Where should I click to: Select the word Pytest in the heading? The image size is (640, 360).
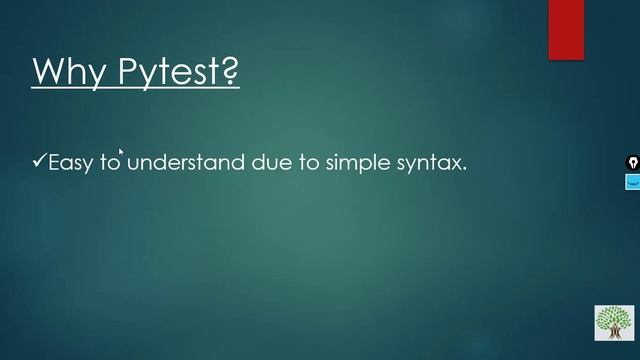pos(169,72)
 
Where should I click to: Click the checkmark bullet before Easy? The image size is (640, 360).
pos(39,160)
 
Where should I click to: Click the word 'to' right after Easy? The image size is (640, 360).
pos(109,162)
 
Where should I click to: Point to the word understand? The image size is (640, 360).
pos(185,162)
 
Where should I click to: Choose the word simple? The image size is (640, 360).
pos(357,162)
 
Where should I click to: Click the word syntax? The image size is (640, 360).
pos(429,163)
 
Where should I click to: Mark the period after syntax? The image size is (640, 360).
pos(465,168)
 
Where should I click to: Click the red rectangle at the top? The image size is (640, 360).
pos(566,29)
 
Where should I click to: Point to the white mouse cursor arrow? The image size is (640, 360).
pos(121,152)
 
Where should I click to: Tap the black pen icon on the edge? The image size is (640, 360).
pos(632,162)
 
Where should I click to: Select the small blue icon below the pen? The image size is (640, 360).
pos(632,182)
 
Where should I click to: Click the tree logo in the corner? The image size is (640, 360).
pos(613,322)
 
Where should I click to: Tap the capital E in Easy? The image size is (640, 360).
pos(55,162)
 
